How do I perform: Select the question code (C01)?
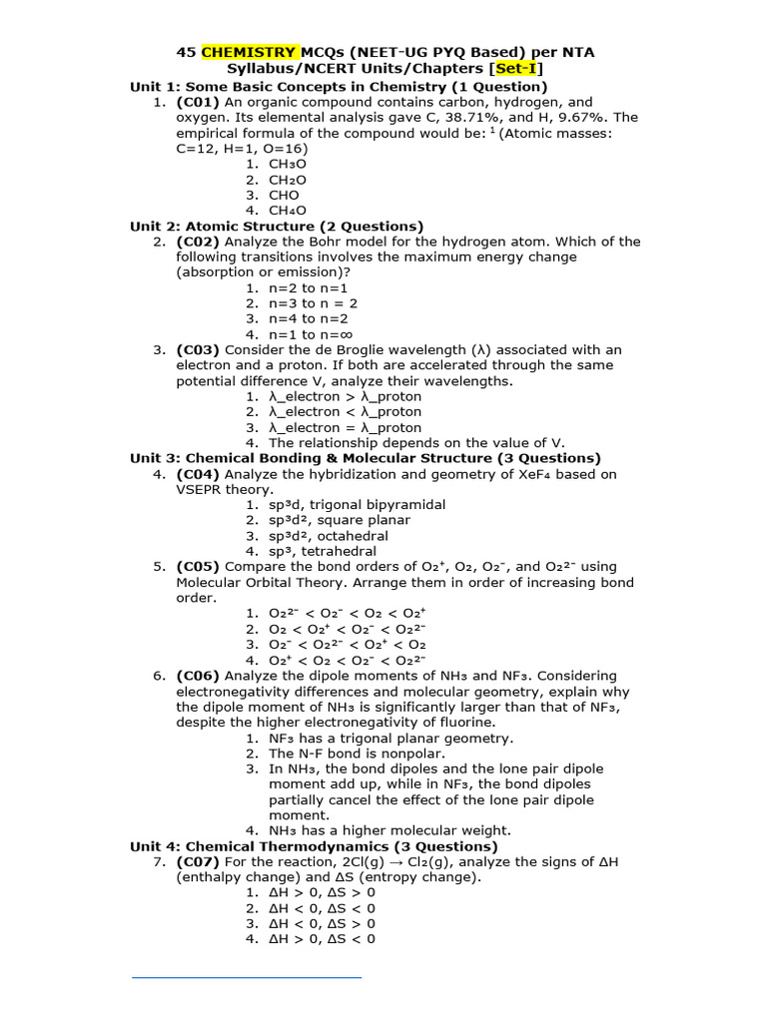point(199,102)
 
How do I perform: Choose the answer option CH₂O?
point(288,180)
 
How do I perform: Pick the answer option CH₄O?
point(288,211)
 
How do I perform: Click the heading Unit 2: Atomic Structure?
point(277,227)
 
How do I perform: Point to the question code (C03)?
point(199,349)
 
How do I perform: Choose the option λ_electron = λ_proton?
point(345,427)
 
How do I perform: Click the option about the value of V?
point(416,442)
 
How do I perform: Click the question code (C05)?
point(199,567)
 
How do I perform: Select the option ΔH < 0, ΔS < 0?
point(322,908)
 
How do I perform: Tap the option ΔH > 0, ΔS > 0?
point(322,892)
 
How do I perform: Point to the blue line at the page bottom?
point(247,977)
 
